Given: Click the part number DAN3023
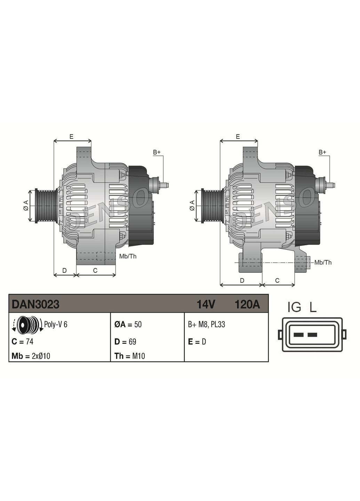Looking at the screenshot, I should tap(35, 304).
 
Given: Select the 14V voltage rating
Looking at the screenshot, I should tap(206, 304).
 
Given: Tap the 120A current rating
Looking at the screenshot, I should tap(247, 304).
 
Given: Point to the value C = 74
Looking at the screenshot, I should tap(23, 342).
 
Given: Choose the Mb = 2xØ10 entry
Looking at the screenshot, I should tap(31, 356).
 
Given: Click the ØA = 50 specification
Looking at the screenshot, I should tap(128, 324).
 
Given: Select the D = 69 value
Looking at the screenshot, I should tap(125, 342).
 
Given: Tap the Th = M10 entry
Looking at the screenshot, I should tap(129, 356).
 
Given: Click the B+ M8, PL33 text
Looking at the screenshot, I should tap(207, 324).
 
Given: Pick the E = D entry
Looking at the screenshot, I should tap(197, 342).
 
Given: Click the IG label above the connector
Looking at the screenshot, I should tap(294, 307).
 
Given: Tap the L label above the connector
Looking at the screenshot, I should tap(313, 307).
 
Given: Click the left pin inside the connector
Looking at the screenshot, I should tap(298, 335).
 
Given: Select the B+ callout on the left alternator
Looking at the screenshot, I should tap(157, 152).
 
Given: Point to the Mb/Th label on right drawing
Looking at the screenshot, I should tap(323, 262).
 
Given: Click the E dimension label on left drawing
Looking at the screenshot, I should tap(71, 137).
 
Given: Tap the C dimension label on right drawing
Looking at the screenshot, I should tap(277, 280).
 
